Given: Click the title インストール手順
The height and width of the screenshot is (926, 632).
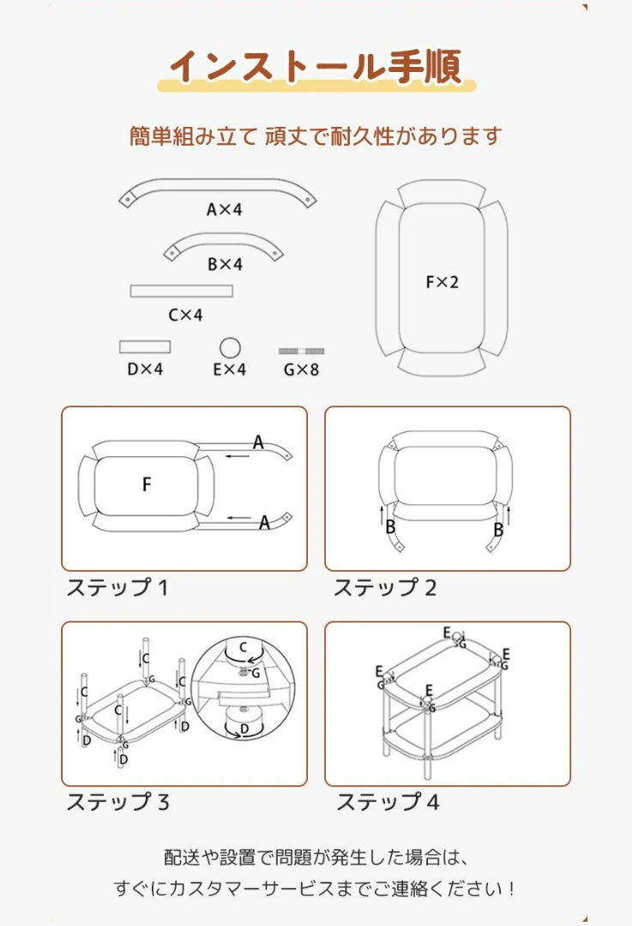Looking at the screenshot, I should pyautogui.click(x=316, y=66).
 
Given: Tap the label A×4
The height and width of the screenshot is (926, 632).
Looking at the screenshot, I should pyautogui.click(x=224, y=209).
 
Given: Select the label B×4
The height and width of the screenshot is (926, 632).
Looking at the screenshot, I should pyautogui.click(x=225, y=264).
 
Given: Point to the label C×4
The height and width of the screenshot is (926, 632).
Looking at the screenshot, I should pyautogui.click(x=185, y=315).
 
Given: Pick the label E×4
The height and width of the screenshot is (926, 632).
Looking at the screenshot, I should pyautogui.click(x=229, y=370).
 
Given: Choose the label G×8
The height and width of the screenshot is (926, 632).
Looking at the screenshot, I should pyautogui.click(x=301, y=370).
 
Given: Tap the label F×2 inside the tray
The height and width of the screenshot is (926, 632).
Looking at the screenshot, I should pyautogui.click(x=442, y=281).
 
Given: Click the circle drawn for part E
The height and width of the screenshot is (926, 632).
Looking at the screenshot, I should pyautogui.click(x=230, y=347).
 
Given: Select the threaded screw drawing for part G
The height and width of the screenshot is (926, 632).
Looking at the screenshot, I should pyautogui.click(x=302, y=352).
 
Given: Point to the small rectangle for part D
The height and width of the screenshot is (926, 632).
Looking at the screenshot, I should pyautogui.click(x=145, y=346).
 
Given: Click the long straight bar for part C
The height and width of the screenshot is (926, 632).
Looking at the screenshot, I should pyautogui.click(x=182, y=291).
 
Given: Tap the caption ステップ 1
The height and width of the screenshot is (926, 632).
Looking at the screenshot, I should pyautogui.click(x=117, y=588).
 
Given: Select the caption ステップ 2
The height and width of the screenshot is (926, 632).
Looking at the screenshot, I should pyautogui.click(x=385, y=588).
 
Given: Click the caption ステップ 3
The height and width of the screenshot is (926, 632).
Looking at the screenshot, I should pyautogui.click(x=117, y=803).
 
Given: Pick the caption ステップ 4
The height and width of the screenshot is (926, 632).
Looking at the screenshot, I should pyautogui.click(x=387, y=803).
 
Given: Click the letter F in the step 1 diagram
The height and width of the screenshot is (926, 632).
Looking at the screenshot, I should pyautogui.click(x=147, y=484).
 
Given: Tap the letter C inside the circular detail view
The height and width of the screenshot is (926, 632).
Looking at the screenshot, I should pyautogui.click(x=243, y=646).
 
